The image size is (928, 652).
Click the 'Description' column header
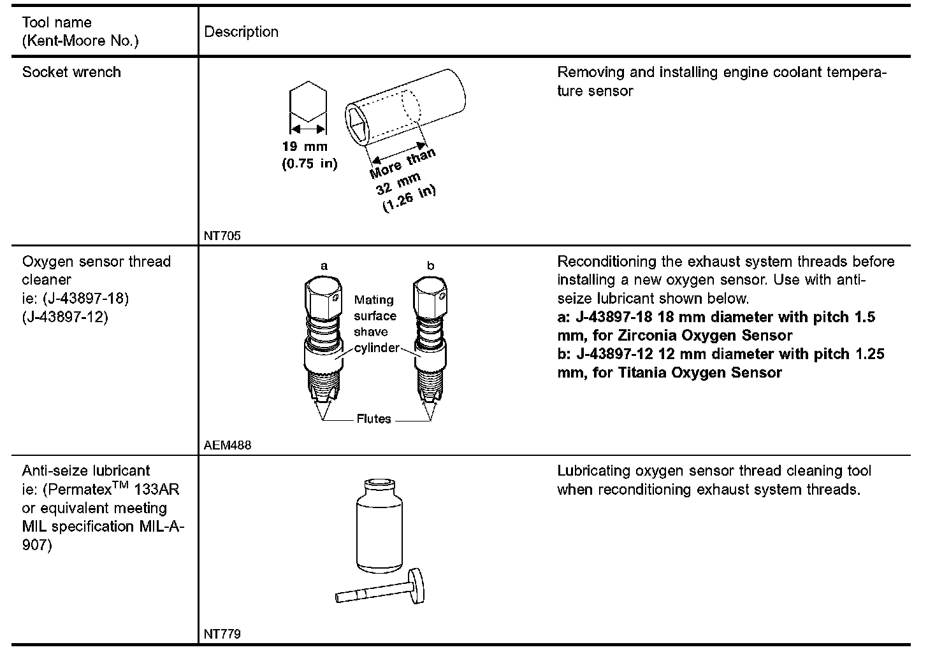pos(241,32)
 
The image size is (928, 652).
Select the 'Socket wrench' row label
pos(71,72)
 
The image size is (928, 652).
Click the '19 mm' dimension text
pos(304,146)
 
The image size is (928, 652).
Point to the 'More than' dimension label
pos(403,164)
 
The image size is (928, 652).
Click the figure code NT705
pos(222,236)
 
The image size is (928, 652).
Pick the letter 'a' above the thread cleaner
pos(324,266)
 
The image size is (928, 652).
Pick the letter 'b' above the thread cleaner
pos(430,266)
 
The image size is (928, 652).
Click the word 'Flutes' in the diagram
pos(374,419)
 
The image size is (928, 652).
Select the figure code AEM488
pos(228,445)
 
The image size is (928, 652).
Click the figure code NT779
pos(222,634)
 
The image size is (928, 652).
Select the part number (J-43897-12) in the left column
pos(65,316)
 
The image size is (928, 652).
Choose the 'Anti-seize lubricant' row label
pos(86,471)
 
